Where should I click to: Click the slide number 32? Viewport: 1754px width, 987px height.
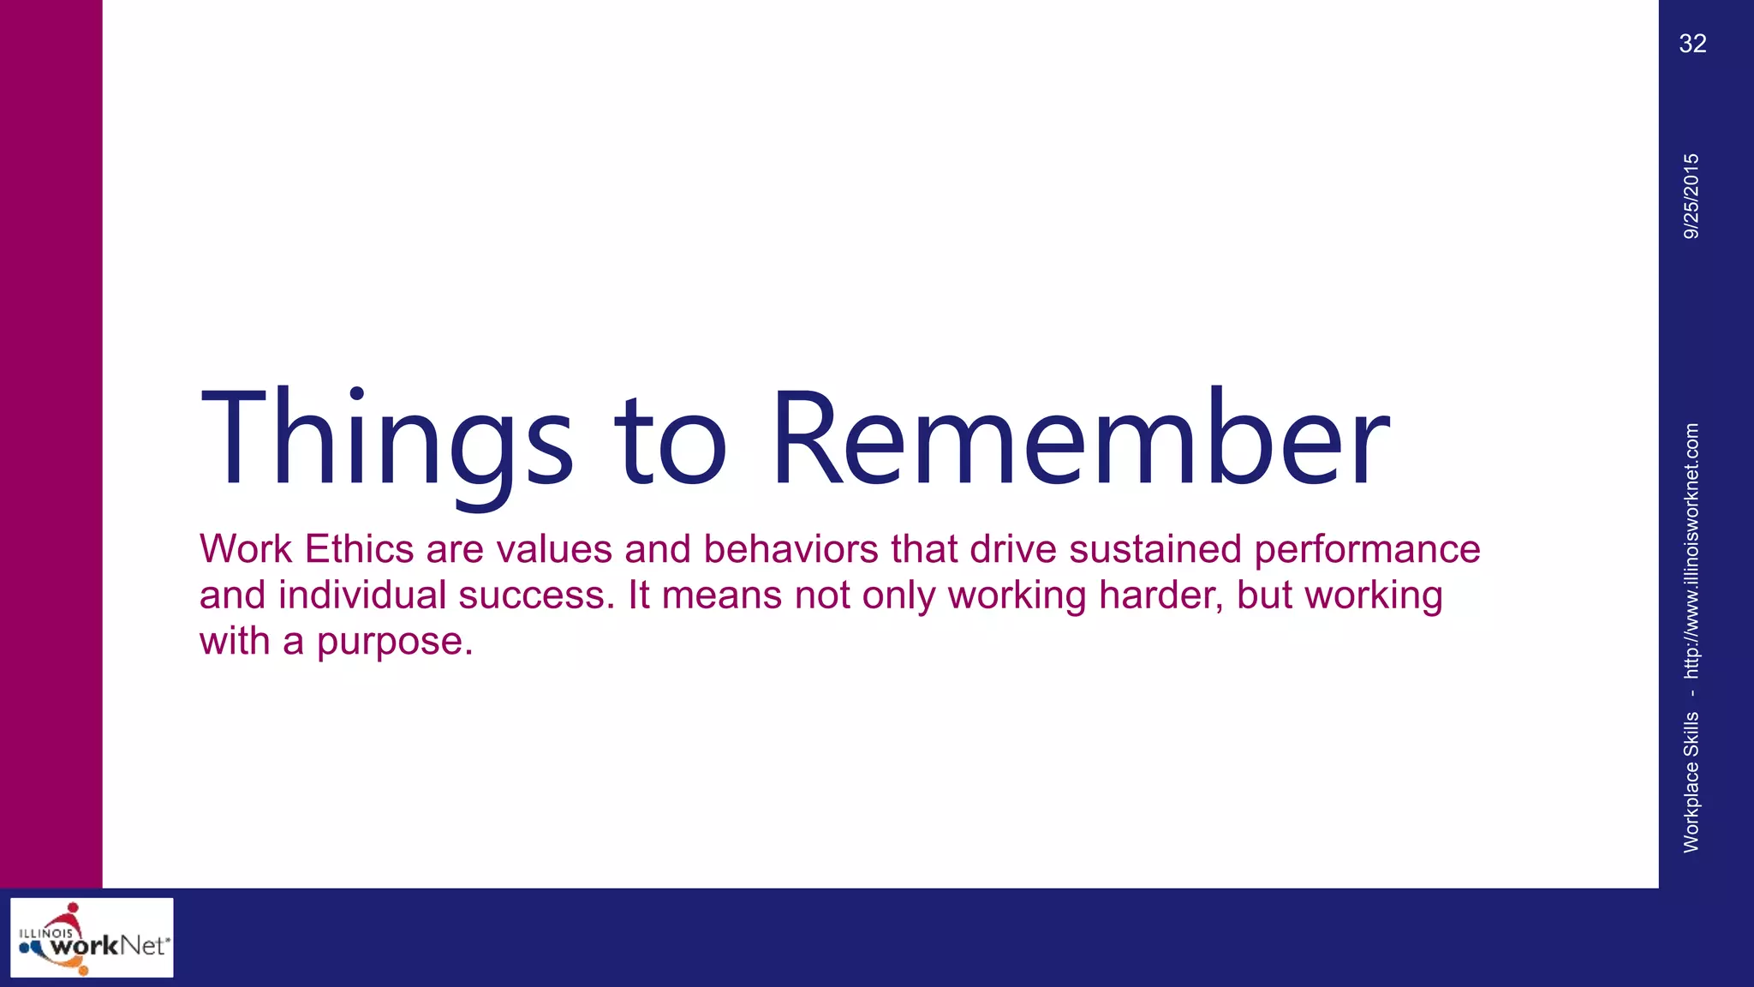pos(1692,44)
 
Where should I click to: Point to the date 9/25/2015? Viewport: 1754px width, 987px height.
pos(1691,196)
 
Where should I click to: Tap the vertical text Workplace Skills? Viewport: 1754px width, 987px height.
pos(1691,781)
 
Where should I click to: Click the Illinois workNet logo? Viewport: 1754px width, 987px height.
pos(92,937)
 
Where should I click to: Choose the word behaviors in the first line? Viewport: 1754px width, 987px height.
pos(790,549)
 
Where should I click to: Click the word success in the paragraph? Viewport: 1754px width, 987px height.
pos(535,595)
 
